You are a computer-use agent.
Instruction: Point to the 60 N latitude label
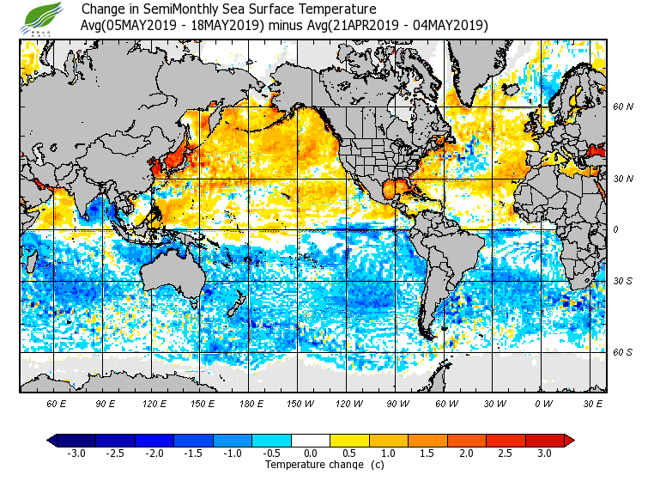coord(623,107)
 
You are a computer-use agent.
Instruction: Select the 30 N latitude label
coord(623,179)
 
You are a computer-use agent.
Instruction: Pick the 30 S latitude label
coord(623,282)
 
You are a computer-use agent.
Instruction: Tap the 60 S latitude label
coord(623,353)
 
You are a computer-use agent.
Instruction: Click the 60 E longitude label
coord(57,403)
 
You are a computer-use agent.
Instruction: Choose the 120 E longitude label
coord(154,403)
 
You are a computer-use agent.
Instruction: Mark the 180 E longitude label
coord(251,403)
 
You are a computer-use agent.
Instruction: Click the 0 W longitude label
coord(543,403)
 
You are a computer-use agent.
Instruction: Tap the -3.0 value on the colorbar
coord(76,453)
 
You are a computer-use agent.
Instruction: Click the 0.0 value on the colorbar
coord(311,453)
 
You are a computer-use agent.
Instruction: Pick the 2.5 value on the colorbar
coord(506,453)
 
